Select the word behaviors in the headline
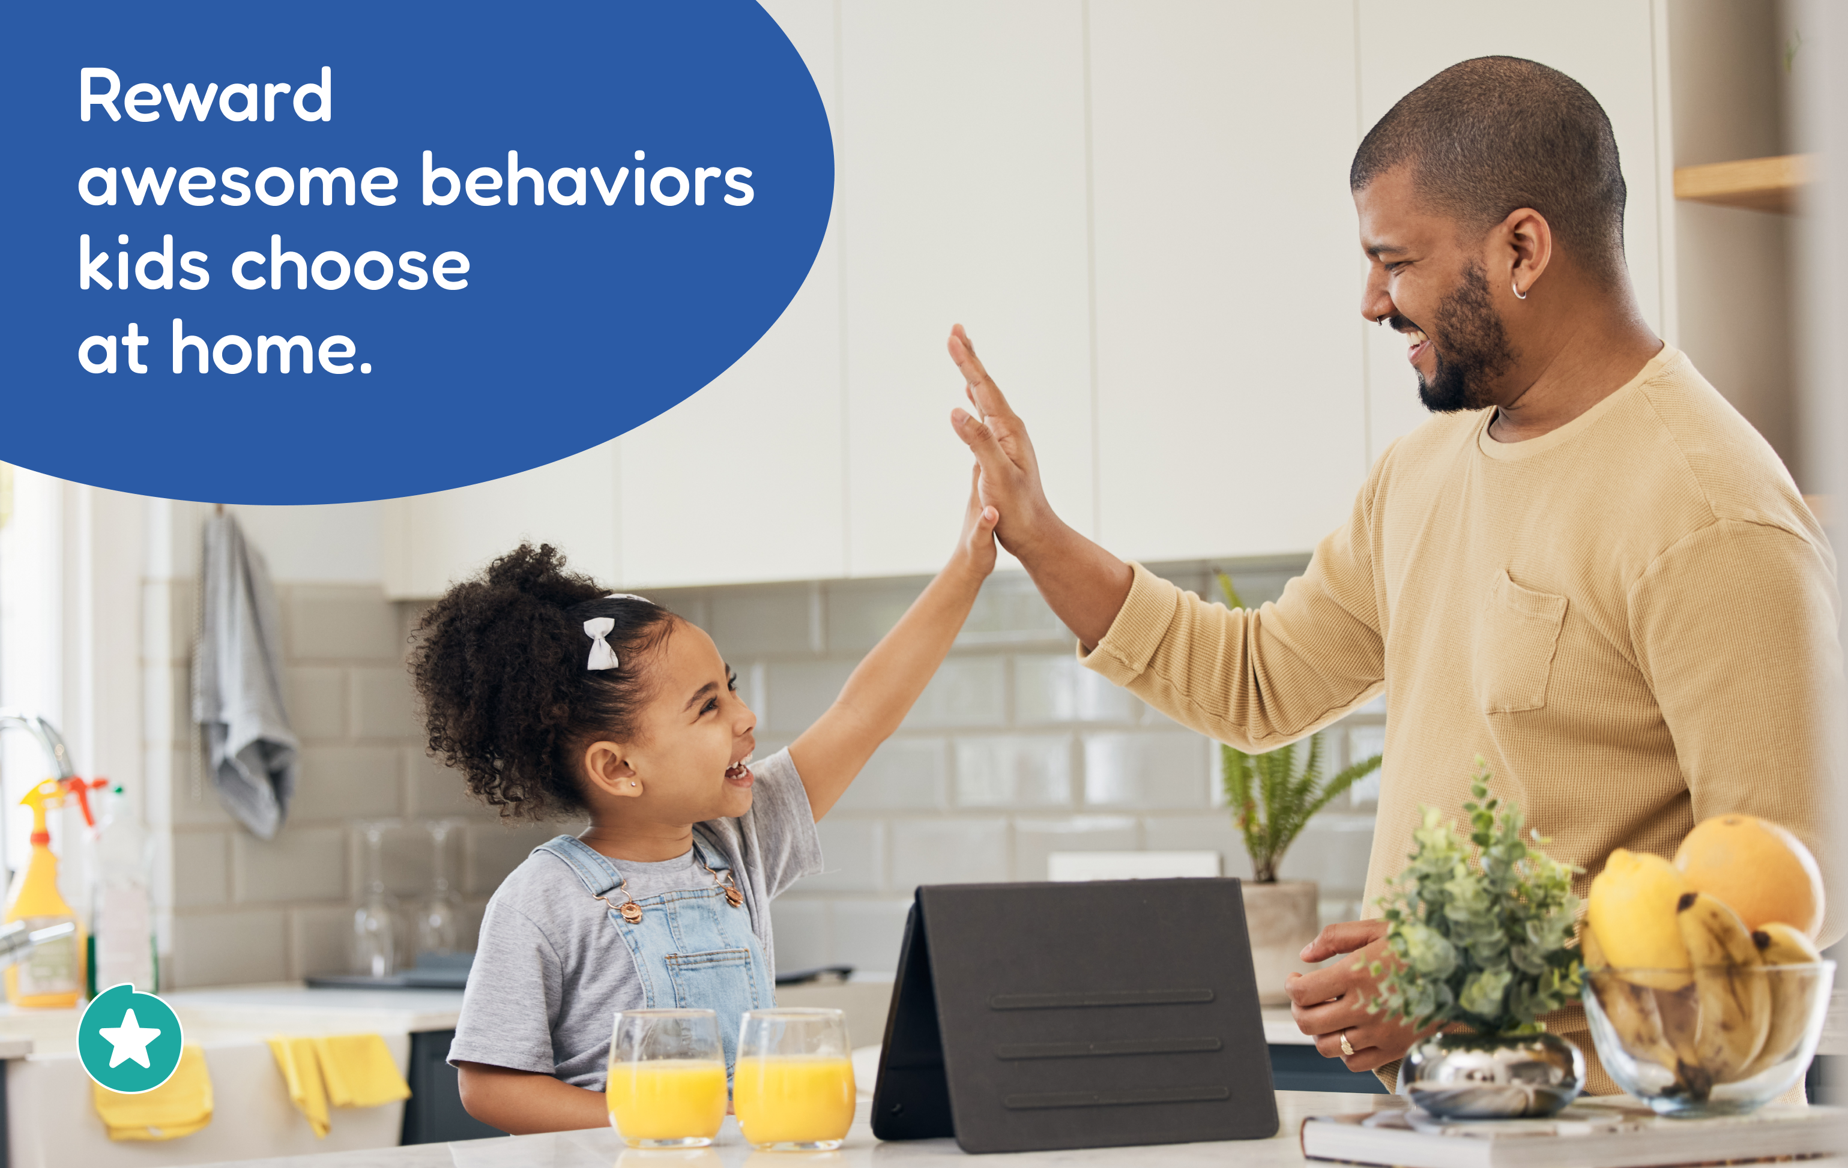click(588, 179)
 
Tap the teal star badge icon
click(130, 1038)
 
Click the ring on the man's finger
click(1345, 1044)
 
